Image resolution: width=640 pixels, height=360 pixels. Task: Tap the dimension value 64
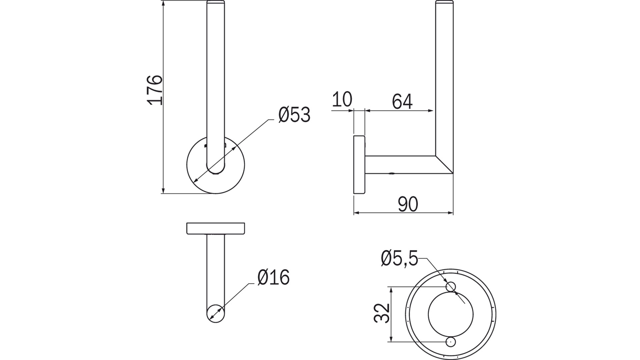[x=402, y=102]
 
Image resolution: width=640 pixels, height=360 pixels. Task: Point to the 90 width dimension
[x=408, y=204]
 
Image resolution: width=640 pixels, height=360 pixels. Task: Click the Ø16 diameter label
[x=273, y=277]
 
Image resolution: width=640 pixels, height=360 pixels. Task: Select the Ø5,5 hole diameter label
[x=399, y=259]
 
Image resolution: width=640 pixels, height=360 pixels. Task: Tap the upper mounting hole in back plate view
[x=451, y=286]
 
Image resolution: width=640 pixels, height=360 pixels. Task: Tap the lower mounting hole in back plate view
[x=451, y=342]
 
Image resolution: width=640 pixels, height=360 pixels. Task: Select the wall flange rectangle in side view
[x=359, y=164]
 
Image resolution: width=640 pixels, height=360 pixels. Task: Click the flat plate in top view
[x=216, y=228]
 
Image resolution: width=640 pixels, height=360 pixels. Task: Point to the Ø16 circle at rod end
[x=215, y=314]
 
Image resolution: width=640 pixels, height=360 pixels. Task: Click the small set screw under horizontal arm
[x=392, y=174]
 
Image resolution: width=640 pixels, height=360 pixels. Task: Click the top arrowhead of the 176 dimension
[x=163, y=3]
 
